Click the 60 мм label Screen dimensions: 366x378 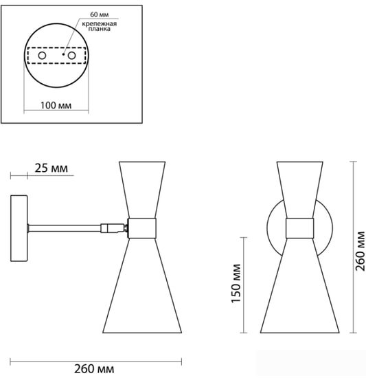pyautogui.click(x=99, y=14)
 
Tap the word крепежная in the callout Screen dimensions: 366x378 pyautogui.click(x=99, y=24)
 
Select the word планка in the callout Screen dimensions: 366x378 pyautogui.click(x=99, y=29)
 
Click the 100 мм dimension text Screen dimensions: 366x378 pyautogui.click(x=56, y=105)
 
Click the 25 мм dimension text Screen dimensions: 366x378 pyautogui.click(x=52, y=168)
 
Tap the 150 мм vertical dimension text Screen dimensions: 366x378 pyautogui.click(x=236, y=283)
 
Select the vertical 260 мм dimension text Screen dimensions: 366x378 pyautogui.click(x=360, y=251)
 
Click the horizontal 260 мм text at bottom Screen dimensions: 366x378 pyautogui.click(x=94, y=369)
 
